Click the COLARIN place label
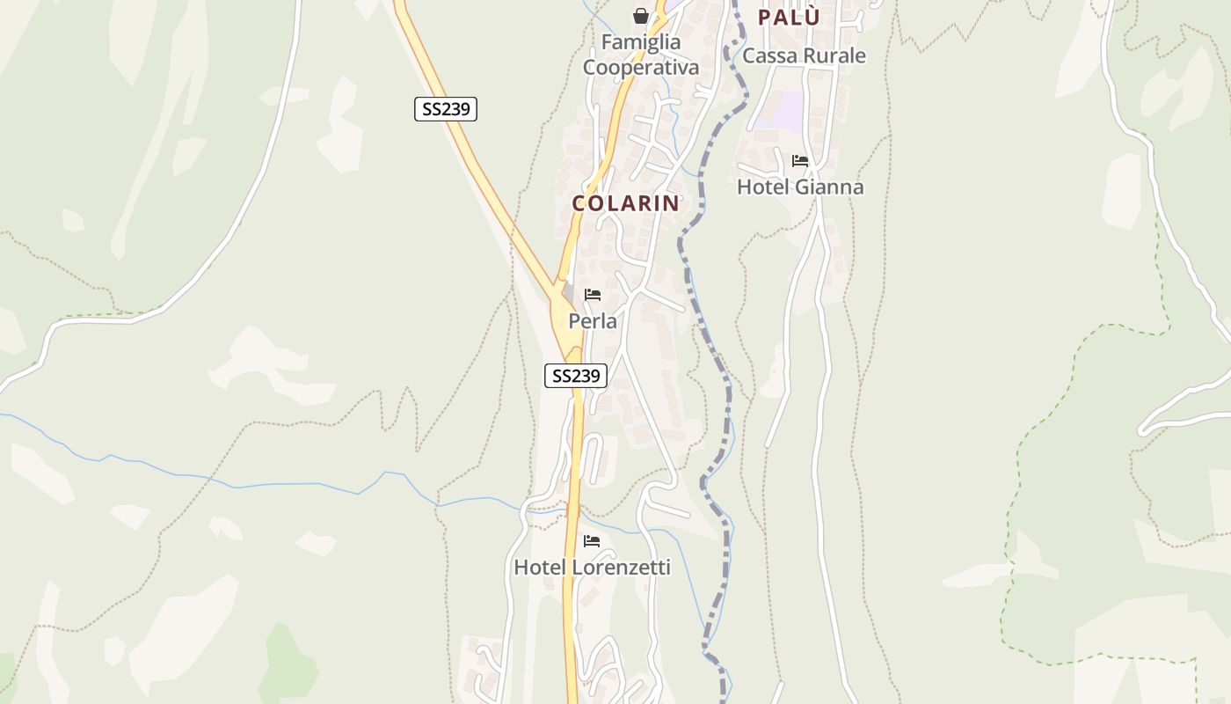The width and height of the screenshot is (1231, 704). point(625,203)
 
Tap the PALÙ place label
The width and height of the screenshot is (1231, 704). point(789,17)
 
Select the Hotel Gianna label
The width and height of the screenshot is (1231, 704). point(799,187)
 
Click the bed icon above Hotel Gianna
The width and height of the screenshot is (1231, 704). point(800,161)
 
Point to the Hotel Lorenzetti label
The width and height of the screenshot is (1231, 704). point(592,568)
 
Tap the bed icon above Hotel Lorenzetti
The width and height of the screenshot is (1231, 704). point(592,541)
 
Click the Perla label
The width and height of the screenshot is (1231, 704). point(593,321)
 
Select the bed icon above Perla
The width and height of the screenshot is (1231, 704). point(593,295)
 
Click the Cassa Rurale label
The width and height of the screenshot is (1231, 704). point(804,55)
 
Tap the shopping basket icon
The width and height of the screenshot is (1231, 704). point(641,16)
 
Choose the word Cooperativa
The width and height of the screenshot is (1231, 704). point(641,67)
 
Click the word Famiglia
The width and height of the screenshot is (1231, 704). point(641,41)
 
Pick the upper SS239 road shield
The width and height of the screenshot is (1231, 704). point(445,109)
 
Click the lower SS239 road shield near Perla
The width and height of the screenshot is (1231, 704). point(576,376)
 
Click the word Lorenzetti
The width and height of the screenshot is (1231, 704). point(621,568)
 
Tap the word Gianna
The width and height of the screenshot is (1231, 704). point(829,187)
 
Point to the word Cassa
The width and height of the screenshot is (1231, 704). point(768,55)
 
